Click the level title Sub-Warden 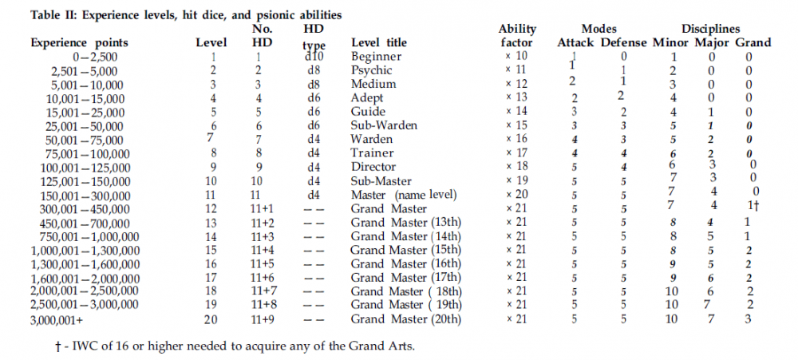point(385,125)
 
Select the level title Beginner point(377,57)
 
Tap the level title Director point(373,167)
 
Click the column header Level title point(379,42)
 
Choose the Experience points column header point(78,42)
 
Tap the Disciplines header point(710,29)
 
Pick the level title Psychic point(372,70)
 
